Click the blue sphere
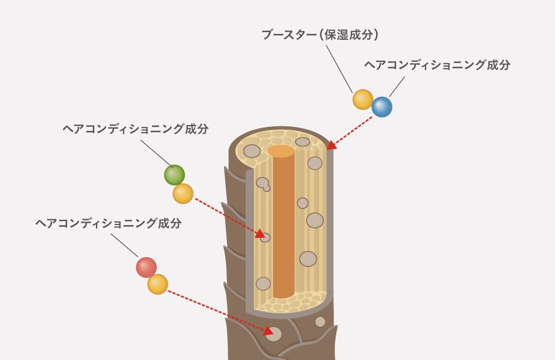click(x=382, y=107)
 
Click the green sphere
click(x=174, y=175)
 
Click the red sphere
click(x=146, y=267)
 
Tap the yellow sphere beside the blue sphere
click(x=363, y=99)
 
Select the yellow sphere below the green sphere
click(x=183, y=193)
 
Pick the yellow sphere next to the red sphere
click(x=158, y=284)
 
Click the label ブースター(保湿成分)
click(x=320, y=35)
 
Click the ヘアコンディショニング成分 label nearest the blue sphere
click(x=437, y=65)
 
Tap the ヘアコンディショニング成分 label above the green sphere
click(x=135, y=129)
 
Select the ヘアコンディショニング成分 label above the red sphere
click(x=108, y=223)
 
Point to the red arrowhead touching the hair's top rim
click(x=331, y=145)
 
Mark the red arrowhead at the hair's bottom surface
click(x=268, y=331)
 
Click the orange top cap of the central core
click(x=281, y=151)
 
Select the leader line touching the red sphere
click(x=124, y=245)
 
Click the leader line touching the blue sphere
click(x=397, y=87)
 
